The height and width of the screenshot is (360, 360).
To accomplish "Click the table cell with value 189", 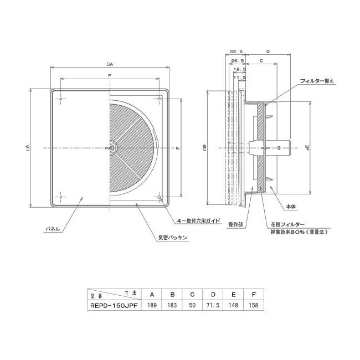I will click(152, 305).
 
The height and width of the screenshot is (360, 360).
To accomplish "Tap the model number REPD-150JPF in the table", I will click(114, 305).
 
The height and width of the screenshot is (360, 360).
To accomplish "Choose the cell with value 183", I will click(172, 305).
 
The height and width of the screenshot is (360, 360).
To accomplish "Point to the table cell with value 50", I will click(192, 305).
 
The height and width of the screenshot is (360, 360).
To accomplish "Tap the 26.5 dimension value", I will click(237, 61).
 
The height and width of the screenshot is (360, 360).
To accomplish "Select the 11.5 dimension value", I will click(240, 78).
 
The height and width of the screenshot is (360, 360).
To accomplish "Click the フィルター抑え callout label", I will click(316, 81).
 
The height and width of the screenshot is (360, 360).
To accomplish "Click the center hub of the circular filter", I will click(111, 148).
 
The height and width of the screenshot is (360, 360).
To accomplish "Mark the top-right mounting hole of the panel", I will click(160, 99).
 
